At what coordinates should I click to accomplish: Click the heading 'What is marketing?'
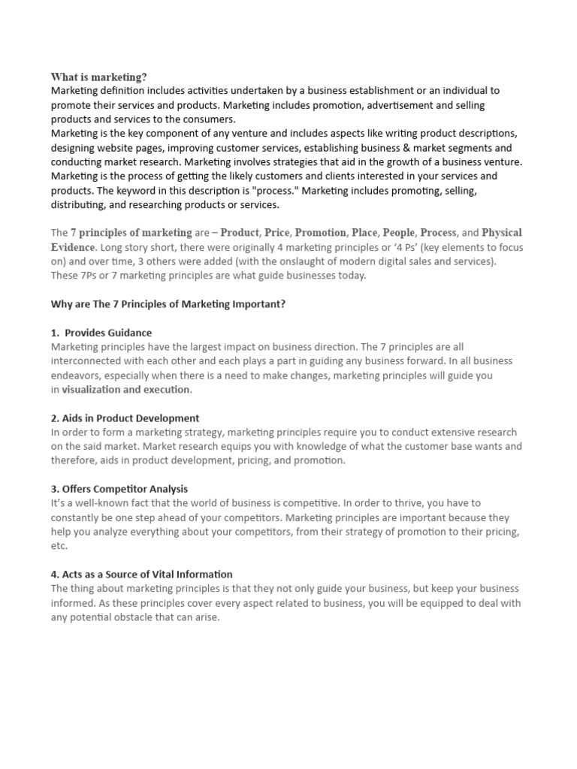(98, 77)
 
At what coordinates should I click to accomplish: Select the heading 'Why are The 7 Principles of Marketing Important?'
(168, 303)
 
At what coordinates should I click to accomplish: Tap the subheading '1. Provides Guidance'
(101, 333)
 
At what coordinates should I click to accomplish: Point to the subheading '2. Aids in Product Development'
(125, 418)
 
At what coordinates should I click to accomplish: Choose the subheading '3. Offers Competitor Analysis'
(119, 489)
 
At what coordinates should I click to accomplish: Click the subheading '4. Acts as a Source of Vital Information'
(141, 574)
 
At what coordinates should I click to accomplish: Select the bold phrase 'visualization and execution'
(126, 389)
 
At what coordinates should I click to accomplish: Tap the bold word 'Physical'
(502, 233)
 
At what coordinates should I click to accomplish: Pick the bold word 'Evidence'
(73, 247)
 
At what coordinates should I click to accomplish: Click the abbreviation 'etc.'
(59, 546)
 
